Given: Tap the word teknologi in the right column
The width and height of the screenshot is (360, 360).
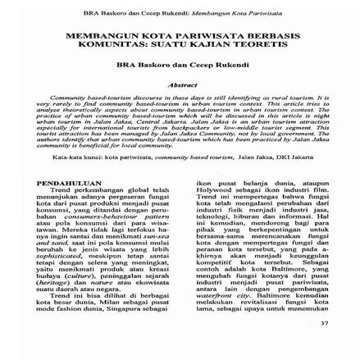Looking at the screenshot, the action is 207,193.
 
